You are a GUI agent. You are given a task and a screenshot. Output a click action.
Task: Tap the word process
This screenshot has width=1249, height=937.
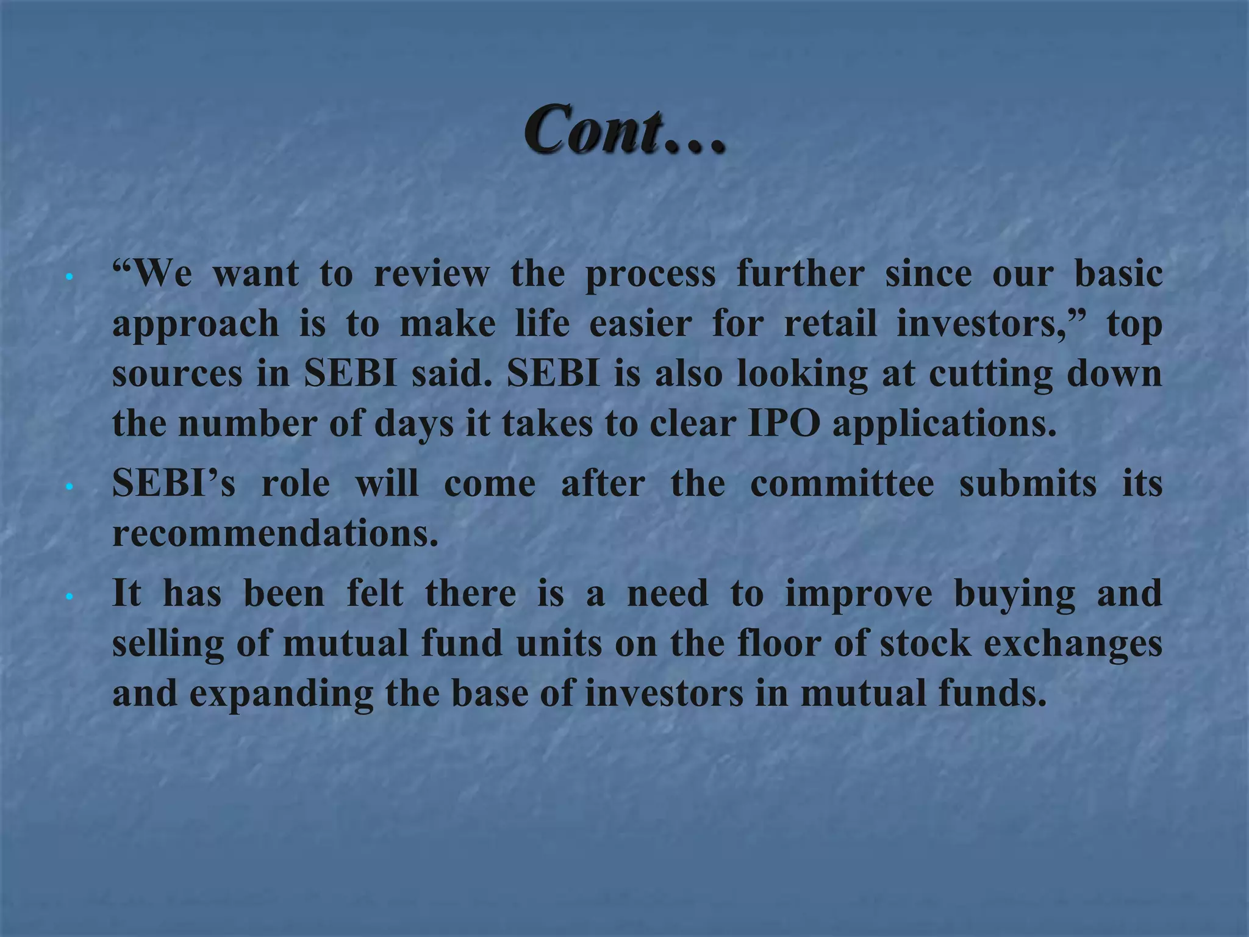coord(650,276)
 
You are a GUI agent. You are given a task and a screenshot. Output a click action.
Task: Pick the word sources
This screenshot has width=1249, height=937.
coord(177,374)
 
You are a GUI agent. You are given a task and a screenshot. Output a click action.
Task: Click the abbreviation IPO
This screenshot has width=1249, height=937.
coord(784,423)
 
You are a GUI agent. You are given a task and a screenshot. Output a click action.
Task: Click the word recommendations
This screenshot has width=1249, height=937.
coord(275,533)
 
